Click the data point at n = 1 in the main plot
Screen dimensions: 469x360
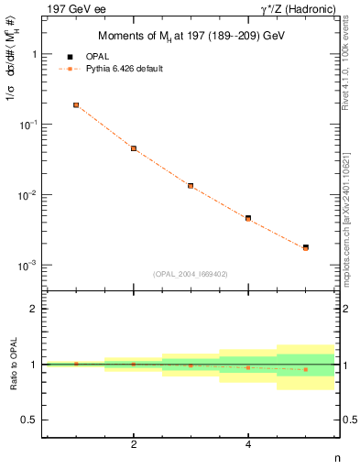pos(76,105)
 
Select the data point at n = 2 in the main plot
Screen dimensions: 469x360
pos(134,148)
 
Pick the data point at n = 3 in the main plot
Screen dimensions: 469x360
pos(191,186)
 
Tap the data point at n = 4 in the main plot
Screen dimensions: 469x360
pos(248,218)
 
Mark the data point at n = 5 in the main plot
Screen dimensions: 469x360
pos(305,247)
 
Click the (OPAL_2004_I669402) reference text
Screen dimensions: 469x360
pos(191,273)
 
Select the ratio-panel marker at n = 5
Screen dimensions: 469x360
pos(305,369)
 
